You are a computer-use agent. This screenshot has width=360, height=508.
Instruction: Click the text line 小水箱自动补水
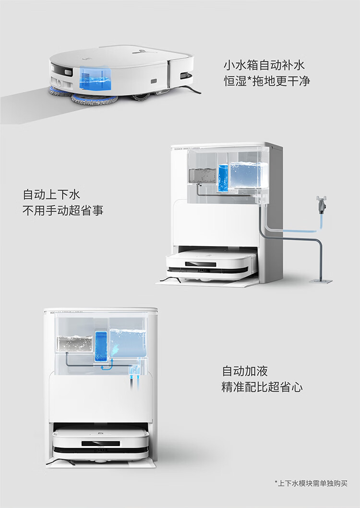point(264,65)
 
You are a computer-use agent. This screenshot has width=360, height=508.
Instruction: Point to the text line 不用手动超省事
point(63,211)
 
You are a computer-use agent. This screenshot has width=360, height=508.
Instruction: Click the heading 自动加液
point(245,371)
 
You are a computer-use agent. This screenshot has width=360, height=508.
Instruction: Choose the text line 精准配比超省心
point(262,387)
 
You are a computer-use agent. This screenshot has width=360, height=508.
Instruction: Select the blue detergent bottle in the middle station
point(223,177)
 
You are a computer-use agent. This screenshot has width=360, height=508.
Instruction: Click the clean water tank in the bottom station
point(127,342)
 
